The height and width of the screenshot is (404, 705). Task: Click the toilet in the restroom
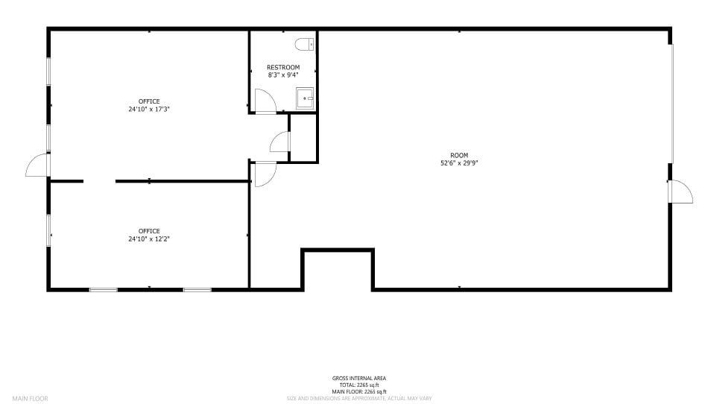coord(304,45)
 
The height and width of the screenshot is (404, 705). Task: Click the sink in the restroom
coord(305,98)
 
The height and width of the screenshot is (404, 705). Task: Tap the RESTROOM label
coord(283,68)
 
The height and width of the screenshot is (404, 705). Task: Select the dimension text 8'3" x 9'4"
coord(283,75)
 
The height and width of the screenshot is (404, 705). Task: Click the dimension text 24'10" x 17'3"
coord(149,109)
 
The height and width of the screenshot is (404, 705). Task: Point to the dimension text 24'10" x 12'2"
coord(149,239)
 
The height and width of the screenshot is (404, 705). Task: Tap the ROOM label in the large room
coord(459,155)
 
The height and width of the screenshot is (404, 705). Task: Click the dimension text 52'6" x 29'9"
coord(459,162)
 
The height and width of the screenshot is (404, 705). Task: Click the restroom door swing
coord(265,101)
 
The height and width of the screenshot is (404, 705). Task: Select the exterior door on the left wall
coord(37,165)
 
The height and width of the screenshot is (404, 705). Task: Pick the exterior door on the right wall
coord(680,192)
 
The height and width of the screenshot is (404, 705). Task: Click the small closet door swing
coord(279,142)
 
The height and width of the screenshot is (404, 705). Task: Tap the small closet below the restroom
coord(303,138)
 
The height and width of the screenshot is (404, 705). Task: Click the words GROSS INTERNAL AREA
coord(358,379)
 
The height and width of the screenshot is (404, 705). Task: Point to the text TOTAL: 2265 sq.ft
coord(358,385)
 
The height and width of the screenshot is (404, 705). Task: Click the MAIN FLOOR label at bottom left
coord(30,399)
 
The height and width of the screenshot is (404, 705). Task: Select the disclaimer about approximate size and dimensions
coord(358,399)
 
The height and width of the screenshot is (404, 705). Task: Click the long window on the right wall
coord(672,104)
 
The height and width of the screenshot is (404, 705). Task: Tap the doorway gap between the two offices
coord(99,181)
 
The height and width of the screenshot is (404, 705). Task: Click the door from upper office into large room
coord(265,174)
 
